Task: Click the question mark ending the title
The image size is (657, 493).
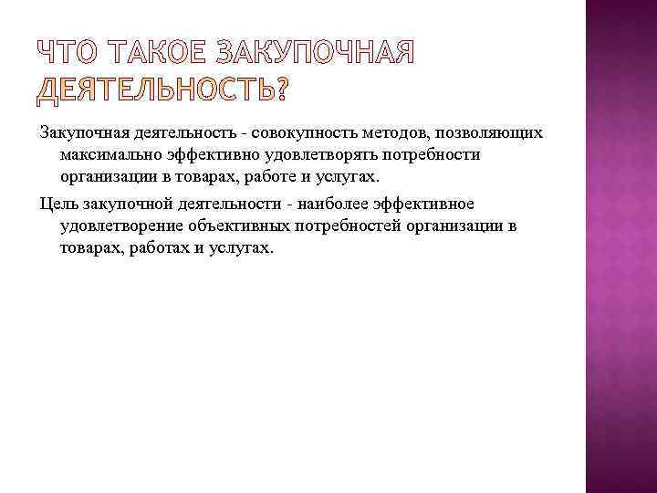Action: coord(277,89)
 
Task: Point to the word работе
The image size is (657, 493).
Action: coord(260,176)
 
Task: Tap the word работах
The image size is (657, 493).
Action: coord(160,246)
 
